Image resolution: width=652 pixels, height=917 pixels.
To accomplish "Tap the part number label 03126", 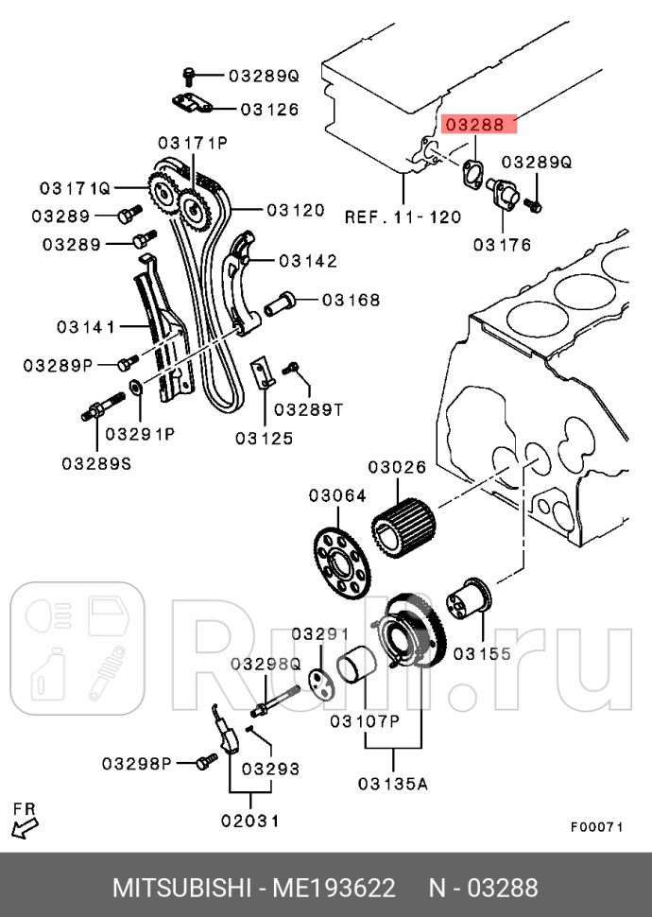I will click(x=269, y=109).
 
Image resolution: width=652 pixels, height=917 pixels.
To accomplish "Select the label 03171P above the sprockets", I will click(x=193, y=143).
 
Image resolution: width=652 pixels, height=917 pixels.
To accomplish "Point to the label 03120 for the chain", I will click(x=296, y=210).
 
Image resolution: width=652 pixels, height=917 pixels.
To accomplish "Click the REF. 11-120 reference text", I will click(x=403, y=216).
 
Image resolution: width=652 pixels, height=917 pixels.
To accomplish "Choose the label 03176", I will click(x=502, y=245).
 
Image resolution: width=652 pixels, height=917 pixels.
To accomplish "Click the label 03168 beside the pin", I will click(x=351, y=301).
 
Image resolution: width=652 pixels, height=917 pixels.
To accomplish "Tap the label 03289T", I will click(x=308, y=409).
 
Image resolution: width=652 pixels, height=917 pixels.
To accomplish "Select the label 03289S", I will click(x=96, y=463).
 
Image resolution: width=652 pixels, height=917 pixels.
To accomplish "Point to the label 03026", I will click(x=397, y=467).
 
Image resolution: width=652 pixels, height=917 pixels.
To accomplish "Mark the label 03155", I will click(x=482, y=653).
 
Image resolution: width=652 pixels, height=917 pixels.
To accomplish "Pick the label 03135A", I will click(x=393, y=784).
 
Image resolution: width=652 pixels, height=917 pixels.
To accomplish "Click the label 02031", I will click(x=250, y=821).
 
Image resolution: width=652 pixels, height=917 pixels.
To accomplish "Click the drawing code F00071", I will click(x=596, y=826).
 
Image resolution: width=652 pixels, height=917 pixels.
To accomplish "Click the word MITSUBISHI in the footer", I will click(x=180, y=889).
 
